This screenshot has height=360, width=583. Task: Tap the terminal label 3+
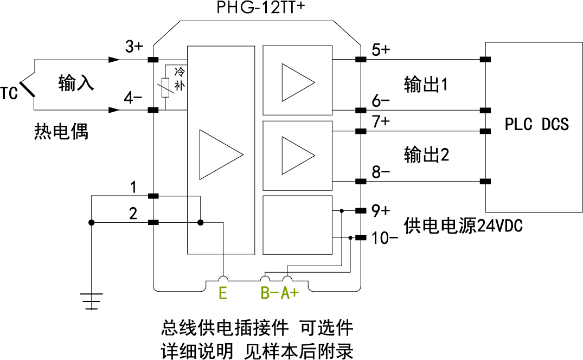point(134,47)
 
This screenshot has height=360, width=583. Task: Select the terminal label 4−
point(133,98)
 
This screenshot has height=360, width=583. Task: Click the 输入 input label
point(76,83)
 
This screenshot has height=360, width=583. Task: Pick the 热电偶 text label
point(61,131)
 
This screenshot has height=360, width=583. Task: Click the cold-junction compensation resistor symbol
point(165,87)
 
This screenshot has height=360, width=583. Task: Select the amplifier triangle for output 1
point(296,82)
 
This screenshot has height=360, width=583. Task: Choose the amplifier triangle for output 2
point(296,153)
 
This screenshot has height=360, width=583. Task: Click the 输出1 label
point(426,85)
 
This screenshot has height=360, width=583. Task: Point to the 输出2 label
point(426,155)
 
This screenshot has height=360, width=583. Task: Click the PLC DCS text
point(536,125)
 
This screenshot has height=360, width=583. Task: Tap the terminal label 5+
point(381,50)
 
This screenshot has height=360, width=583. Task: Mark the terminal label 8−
point(381,172)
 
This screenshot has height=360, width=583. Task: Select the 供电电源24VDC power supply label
point(463,226)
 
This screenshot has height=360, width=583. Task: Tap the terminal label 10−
point(386,238)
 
